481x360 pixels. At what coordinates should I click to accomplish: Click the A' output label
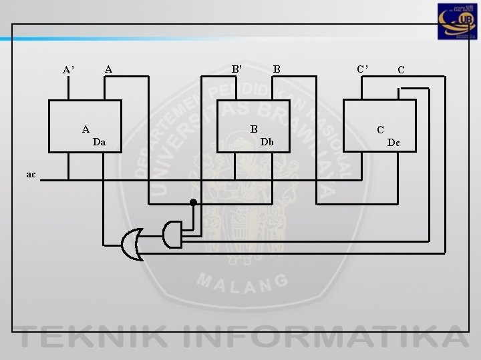(68, 69)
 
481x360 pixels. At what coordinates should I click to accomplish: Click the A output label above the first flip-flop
(108, 68)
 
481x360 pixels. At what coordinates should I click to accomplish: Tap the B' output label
(236, 68)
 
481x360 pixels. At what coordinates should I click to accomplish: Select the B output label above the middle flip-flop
(276, 68)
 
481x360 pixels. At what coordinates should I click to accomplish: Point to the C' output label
(361, 68)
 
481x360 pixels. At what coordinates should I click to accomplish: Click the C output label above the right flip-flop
(401, 69)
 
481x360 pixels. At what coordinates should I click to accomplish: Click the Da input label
(99, 141)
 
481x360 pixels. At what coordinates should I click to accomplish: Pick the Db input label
(267, 141)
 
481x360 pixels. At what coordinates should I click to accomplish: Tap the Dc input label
(393, 141)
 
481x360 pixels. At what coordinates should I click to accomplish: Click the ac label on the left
(31, 174)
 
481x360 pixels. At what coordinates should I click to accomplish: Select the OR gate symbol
(132, 244)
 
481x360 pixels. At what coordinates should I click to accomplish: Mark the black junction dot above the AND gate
(193, 201)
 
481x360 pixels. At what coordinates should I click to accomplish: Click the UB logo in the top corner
(457, 23)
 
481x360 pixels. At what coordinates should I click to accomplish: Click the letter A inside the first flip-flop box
(86, 129)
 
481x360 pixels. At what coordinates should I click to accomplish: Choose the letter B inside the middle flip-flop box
(254, 129)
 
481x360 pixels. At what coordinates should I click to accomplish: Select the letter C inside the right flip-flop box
(380, 129)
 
